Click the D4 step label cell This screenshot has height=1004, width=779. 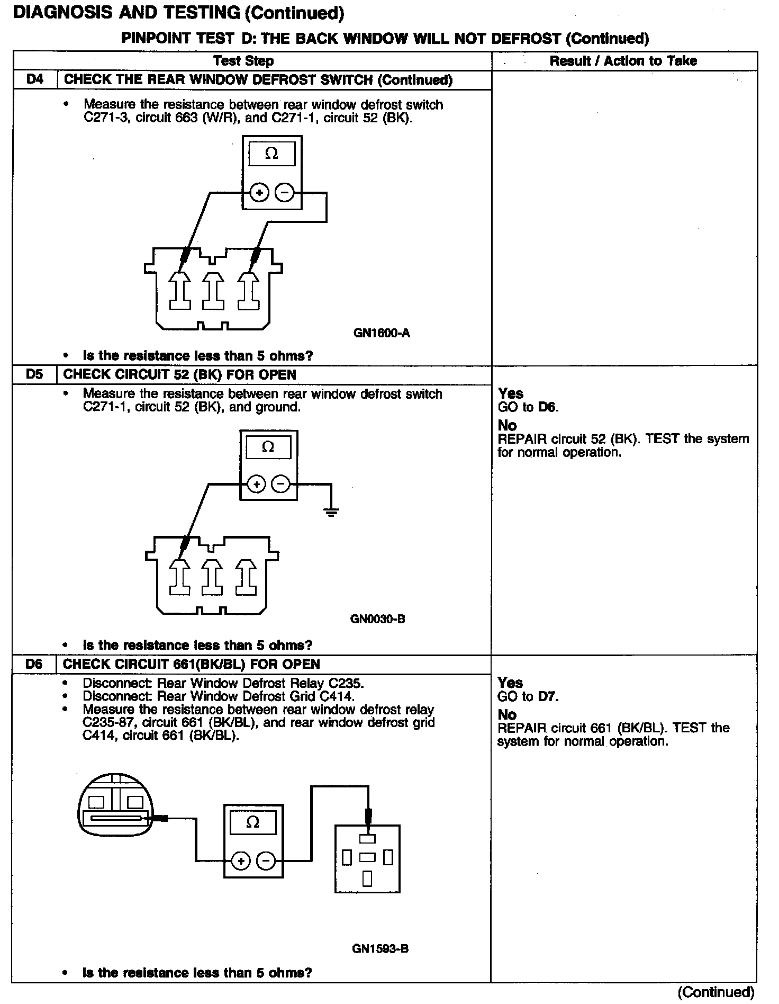34,80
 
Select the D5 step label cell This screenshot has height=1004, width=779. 34,374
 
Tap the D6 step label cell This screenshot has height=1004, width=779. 34,664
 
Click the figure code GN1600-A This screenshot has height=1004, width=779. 382,333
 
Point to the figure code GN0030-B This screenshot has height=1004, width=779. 378,618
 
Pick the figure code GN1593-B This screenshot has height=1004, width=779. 380,948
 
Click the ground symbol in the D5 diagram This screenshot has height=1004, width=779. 331,512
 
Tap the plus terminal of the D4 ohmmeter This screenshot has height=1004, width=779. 259,193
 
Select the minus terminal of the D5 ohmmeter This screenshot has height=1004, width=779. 280,484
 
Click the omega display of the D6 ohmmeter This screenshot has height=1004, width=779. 253,822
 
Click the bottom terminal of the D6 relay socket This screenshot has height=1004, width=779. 367,878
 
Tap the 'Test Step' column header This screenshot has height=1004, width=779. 243,61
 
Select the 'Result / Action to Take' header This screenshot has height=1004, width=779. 623,61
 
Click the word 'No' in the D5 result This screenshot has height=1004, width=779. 507,425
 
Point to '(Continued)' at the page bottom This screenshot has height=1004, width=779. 715,991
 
